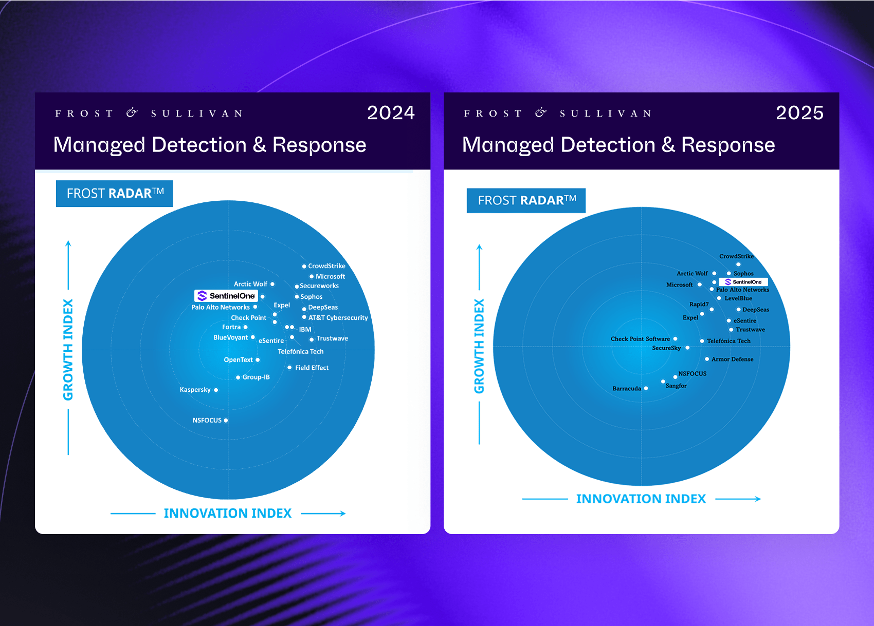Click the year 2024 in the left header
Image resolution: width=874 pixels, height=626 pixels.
point(391,113)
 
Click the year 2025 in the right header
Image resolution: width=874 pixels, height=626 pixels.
point(799,113)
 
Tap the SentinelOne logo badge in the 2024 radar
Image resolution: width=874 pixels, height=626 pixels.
point(226,296)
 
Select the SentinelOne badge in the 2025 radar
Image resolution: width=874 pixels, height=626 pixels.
point(743,282)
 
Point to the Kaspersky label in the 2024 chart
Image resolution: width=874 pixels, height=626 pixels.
point(195,389)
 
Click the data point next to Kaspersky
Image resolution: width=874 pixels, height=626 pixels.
point(216,390)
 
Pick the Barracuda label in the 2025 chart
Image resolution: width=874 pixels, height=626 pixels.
point(627,388)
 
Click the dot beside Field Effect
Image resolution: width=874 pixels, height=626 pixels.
point(289,368)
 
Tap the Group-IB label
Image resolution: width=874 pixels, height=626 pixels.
point(256,377)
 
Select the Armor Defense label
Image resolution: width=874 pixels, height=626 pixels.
point(733,359)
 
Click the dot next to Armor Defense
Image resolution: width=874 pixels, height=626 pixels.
point(707,359)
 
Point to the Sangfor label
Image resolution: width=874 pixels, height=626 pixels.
point(676,386)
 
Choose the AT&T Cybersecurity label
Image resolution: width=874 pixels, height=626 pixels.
point(338,318)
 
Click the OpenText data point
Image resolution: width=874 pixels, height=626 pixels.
point(258,360)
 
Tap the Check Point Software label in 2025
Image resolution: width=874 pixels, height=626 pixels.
point(640,339)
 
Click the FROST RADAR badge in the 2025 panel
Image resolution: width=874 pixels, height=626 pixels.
point(526,200)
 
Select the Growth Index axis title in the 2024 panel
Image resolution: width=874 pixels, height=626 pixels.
point(68,350)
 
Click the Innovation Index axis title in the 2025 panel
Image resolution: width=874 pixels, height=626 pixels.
point(641,499)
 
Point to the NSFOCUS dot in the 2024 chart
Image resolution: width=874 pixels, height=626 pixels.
point(226,420)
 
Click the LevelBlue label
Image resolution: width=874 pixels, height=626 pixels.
point(738,298)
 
